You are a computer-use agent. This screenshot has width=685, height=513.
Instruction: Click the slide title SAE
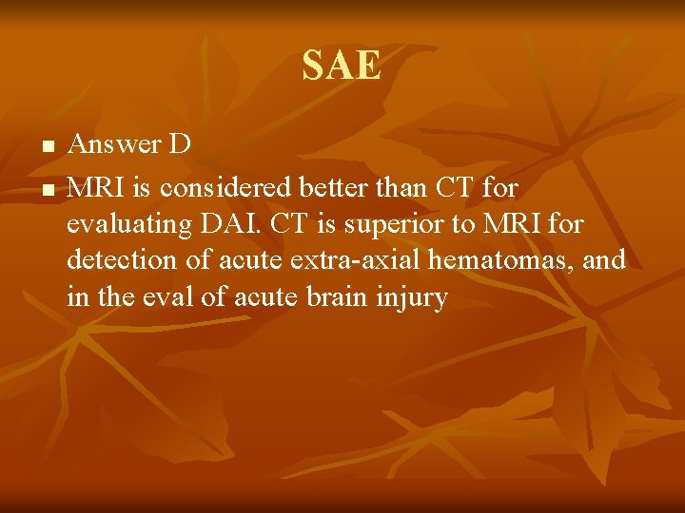pyautogui.click(x=342, y=66)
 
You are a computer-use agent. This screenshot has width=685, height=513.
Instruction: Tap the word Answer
pyautogui.click(x=114, y=144)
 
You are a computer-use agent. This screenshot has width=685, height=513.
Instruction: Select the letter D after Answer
pyautogui.click(x=180, y=144)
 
